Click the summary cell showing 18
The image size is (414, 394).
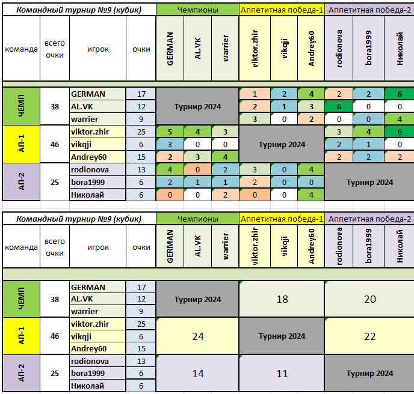tap(282, 299)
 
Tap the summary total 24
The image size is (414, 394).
tap(197, 336)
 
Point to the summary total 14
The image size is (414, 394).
tap(197, 374)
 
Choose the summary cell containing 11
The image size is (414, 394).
tap(282, 374)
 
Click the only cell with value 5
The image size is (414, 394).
tap(170, 132)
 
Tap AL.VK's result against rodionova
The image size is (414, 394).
tap(339, 106)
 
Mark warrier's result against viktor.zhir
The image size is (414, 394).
tap(255, 119)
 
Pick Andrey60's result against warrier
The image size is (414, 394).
tap(225, 157)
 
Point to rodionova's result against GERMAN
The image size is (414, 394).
tap(170, 169)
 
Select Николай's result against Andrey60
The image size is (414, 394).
tap(310, 194)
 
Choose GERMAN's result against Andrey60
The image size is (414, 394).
tap(310, 94)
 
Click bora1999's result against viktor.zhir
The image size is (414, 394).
tap(255, 182)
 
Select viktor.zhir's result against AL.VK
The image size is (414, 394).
tap(197, 132)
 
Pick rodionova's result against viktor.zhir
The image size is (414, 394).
tap(255, 169)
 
